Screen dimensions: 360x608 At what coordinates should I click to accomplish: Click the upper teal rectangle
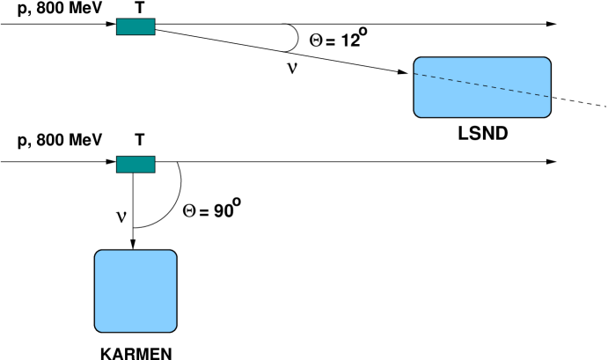(x=136, y=26)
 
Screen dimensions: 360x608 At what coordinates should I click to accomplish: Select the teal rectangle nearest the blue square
(x=136, y=165)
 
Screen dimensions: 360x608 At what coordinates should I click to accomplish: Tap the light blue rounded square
(x=136, y=291)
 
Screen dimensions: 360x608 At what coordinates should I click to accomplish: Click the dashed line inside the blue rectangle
(x=482, y=85)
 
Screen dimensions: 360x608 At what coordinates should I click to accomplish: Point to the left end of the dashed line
(x=415, y=74)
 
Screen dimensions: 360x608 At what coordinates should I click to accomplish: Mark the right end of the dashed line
(x=549, y=97)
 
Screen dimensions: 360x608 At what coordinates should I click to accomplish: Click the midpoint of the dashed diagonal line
(x=482, y=85)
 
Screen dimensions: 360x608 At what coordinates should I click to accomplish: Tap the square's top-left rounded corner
(x=99, y=253)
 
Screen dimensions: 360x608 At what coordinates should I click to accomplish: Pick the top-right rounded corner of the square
(x=172, y=253)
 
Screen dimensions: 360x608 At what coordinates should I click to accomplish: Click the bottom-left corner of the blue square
(x=99, y=328)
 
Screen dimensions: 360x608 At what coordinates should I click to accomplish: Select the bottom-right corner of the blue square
(x=172, y=328)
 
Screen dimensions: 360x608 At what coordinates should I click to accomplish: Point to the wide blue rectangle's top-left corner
(x=418, y=61)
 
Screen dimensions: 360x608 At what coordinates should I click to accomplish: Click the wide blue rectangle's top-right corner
(x=547, y=61)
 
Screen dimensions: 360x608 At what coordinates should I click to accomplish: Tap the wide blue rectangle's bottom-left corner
(x=418, y=114)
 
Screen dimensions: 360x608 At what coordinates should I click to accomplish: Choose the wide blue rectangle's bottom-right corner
(x=547, y=114)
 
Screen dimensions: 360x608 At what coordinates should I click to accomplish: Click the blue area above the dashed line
(x=493, y=70)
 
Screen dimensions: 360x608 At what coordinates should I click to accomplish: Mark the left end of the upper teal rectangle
(x=119, y=26)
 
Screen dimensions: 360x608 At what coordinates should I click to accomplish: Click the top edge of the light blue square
(x=136, y=252)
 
